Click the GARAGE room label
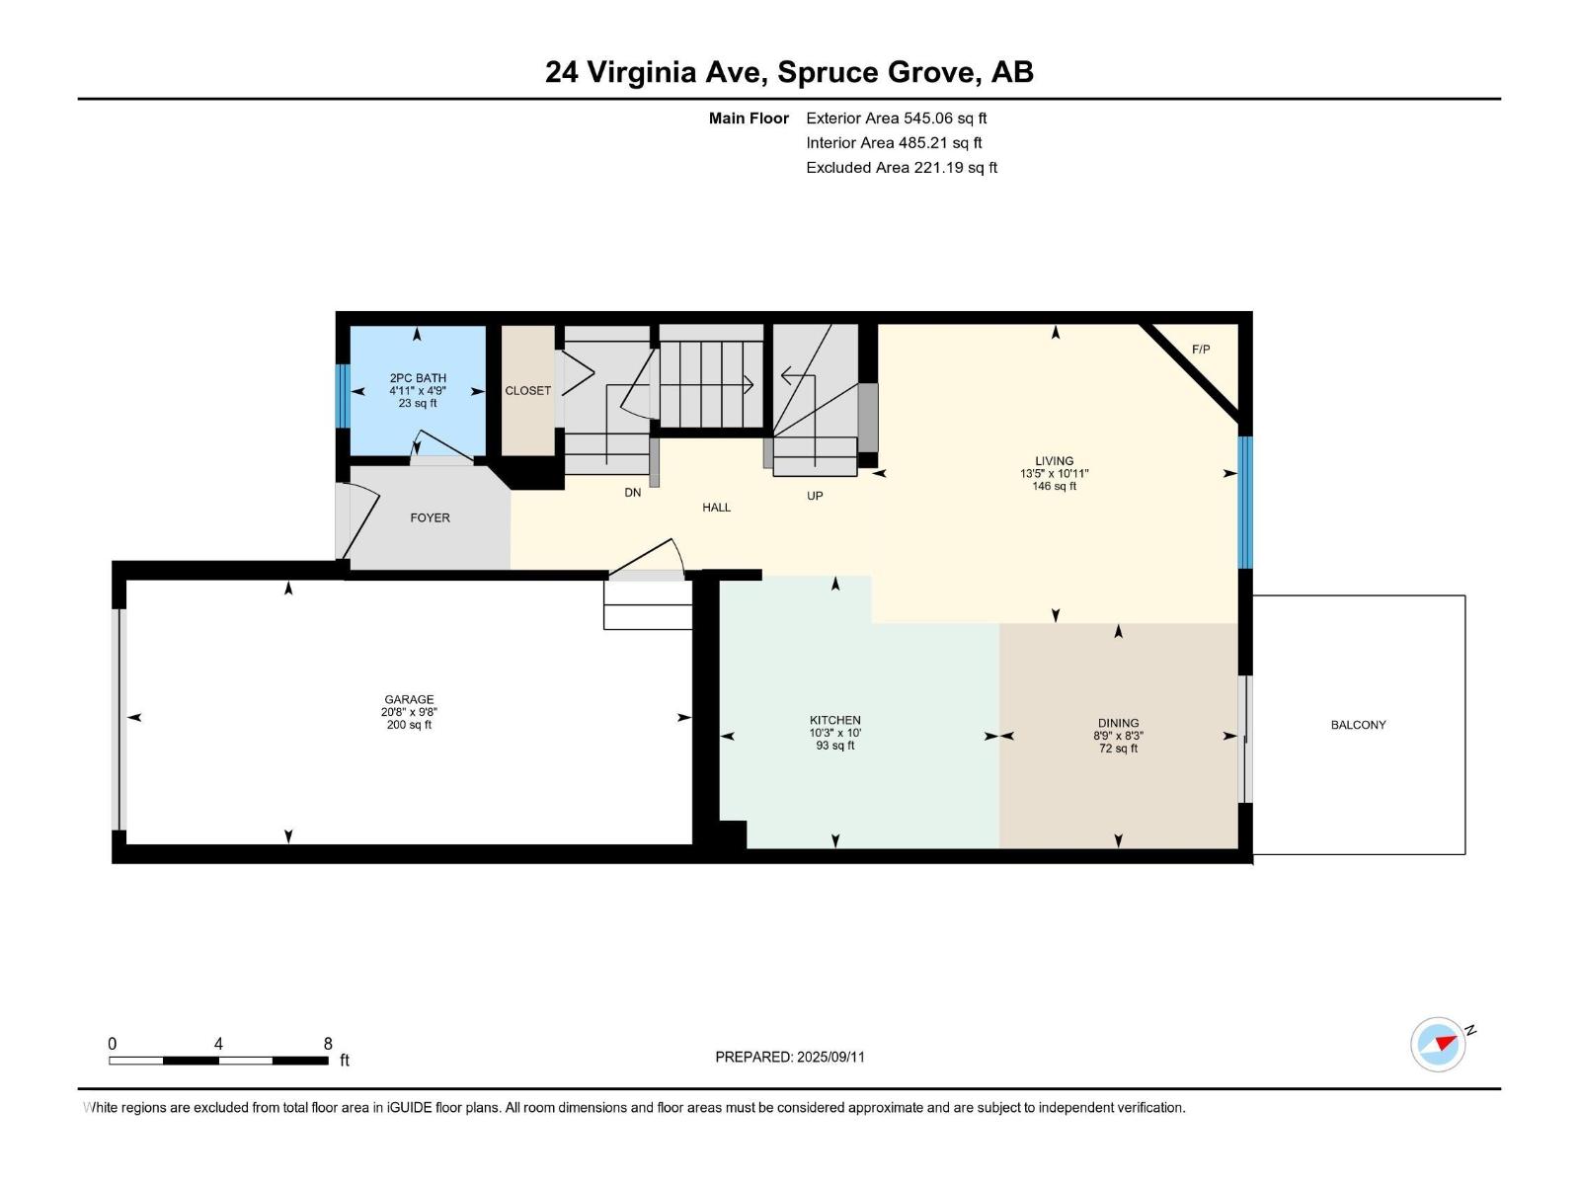409,699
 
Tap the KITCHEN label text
835,720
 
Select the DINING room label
1119,723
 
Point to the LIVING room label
1055,461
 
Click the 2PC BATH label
418,378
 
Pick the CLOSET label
527,391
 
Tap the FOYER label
430,518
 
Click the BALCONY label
1358,725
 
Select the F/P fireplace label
1201,350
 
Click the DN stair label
633,493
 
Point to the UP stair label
815,496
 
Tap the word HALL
716,508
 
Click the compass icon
1438,1044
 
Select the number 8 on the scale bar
328,1044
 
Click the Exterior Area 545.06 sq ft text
897,118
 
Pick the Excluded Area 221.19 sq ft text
902,168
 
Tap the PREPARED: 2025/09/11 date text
790,1057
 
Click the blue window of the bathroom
344,396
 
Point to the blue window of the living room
1245,503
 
